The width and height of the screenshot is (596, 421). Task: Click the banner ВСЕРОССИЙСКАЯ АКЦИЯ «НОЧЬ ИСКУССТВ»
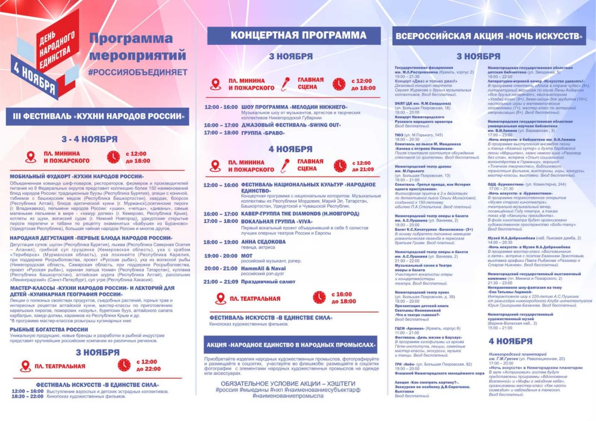(x=489, y=36)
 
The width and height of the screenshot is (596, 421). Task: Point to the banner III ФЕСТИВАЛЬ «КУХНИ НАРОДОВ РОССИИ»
(x=97, y=116)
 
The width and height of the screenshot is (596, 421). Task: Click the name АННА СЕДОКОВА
(x=264, y=242)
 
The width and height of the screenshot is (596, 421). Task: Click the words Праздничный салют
(x=268, y=281)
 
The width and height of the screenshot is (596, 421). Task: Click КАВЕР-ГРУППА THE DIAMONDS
(x=300, y=214)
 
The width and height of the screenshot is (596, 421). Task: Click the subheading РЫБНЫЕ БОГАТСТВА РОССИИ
(x=49, y=329)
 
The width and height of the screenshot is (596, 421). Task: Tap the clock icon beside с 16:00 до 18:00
(x=319, y=297)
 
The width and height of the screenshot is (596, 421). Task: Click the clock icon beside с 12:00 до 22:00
(x=124, y=365)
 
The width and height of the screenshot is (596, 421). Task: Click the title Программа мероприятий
(x=137, y=47)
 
